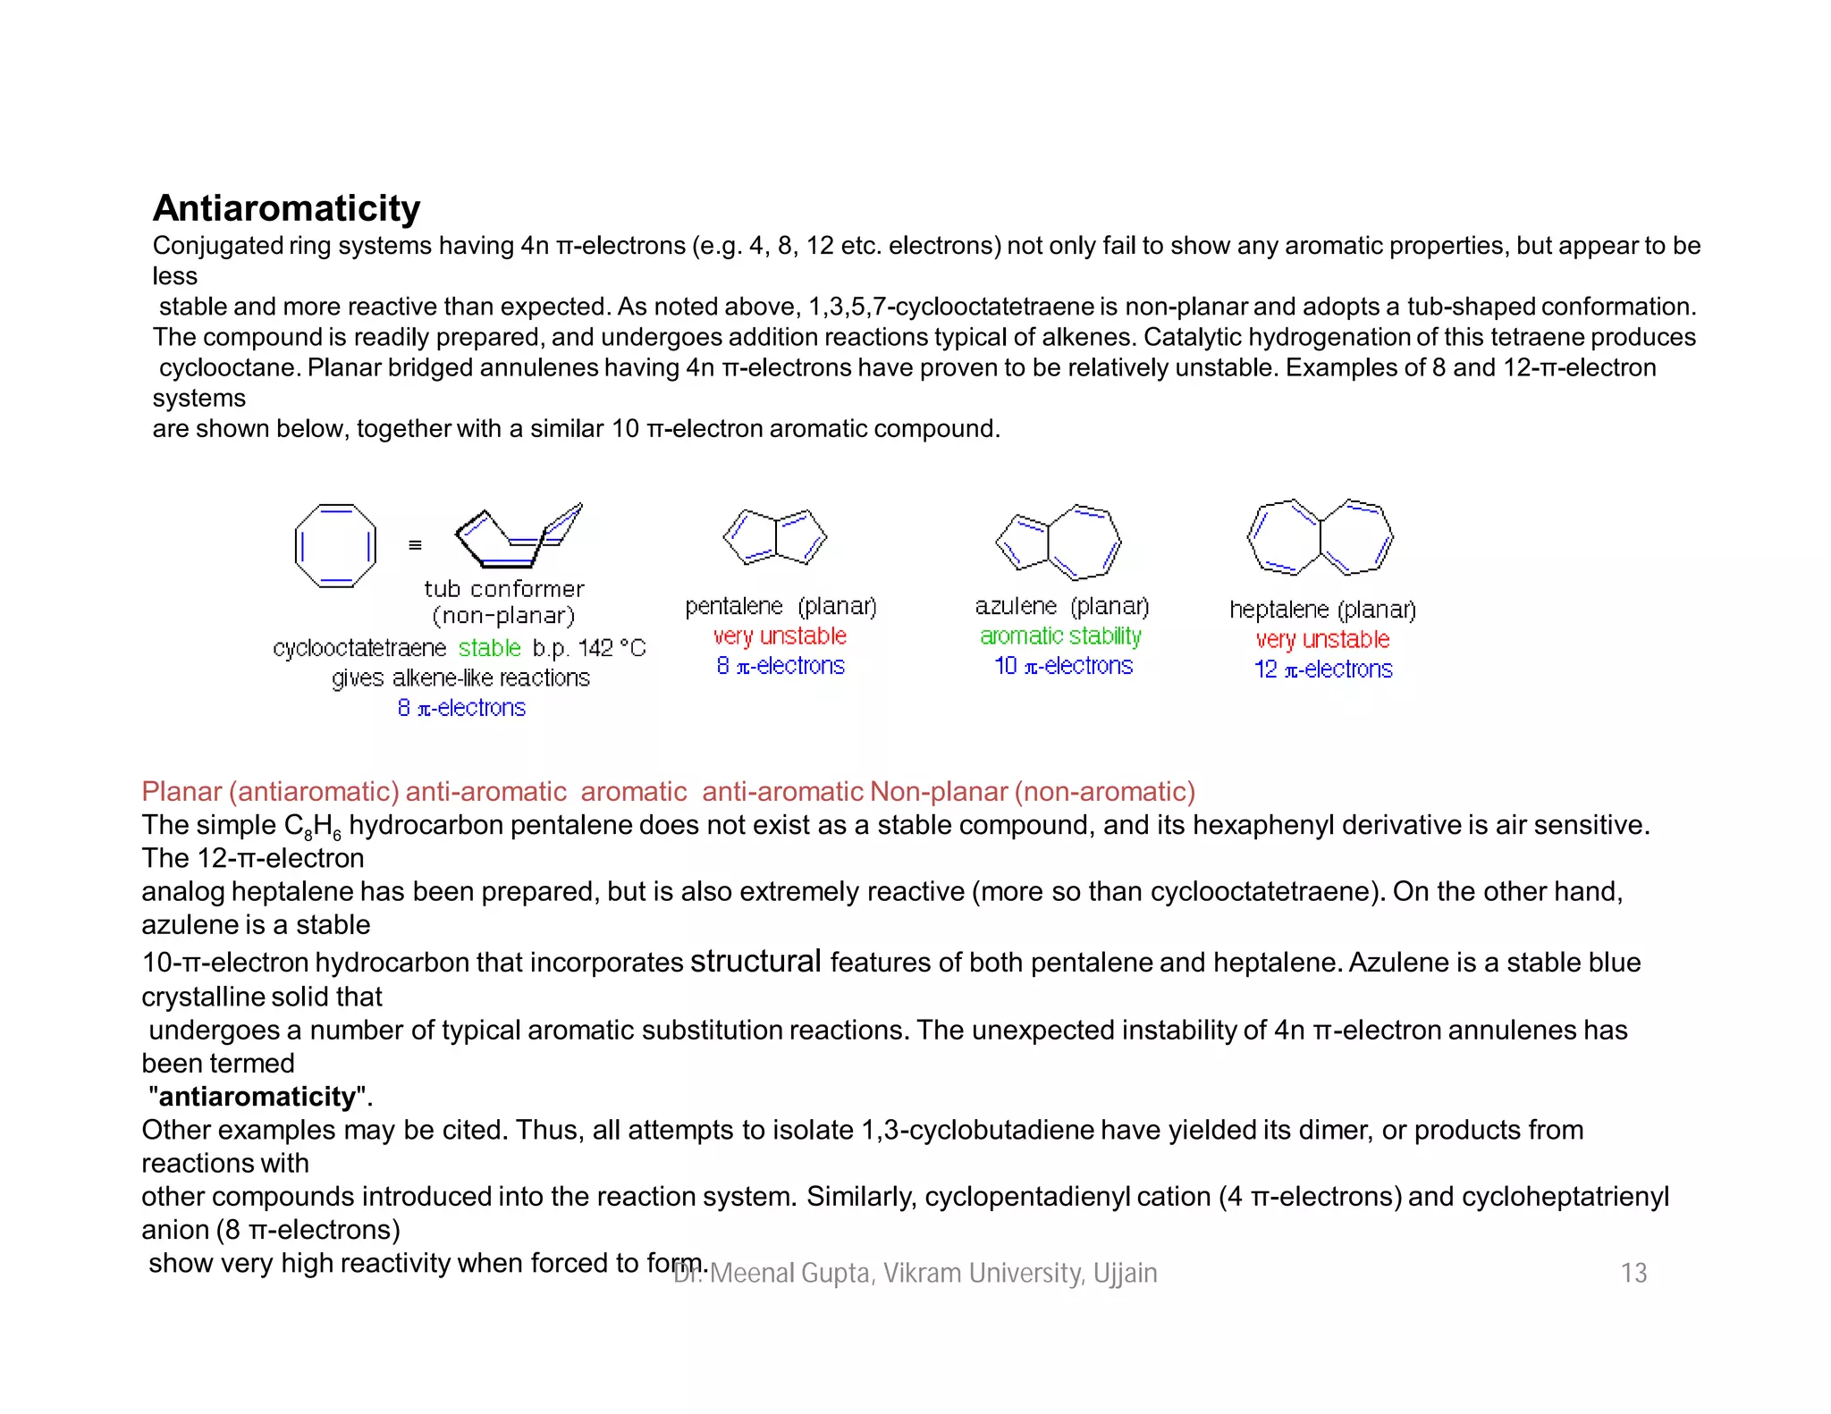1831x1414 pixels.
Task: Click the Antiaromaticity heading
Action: [286, 208]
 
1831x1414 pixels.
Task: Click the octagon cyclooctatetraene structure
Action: [335, 545]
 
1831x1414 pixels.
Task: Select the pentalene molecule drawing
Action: [775, 537]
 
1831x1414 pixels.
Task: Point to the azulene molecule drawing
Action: [1059, 542]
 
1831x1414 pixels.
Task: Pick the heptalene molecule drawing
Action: [1321, 537]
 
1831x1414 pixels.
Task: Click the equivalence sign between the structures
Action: [415, 545]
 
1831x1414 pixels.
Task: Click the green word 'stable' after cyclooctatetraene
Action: [489, 647]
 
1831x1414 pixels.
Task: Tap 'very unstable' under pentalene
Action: [780, 636]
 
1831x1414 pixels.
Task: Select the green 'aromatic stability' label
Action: [1060, 636]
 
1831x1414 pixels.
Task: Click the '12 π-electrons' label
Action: [1323, 669]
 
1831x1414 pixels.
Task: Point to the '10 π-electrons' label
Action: [1063, 666]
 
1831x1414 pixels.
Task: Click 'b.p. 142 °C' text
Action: [588, 647]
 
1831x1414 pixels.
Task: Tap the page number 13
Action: [1633, 1273]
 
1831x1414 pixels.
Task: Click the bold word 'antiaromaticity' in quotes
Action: [257, 1097]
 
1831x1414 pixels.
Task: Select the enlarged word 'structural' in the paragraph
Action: [755, 961]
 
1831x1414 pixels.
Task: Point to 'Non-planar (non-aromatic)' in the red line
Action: [1033, 792]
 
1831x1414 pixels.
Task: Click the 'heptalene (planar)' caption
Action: [1322, 610]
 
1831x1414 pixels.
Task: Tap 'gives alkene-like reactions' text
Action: [460, 678]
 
